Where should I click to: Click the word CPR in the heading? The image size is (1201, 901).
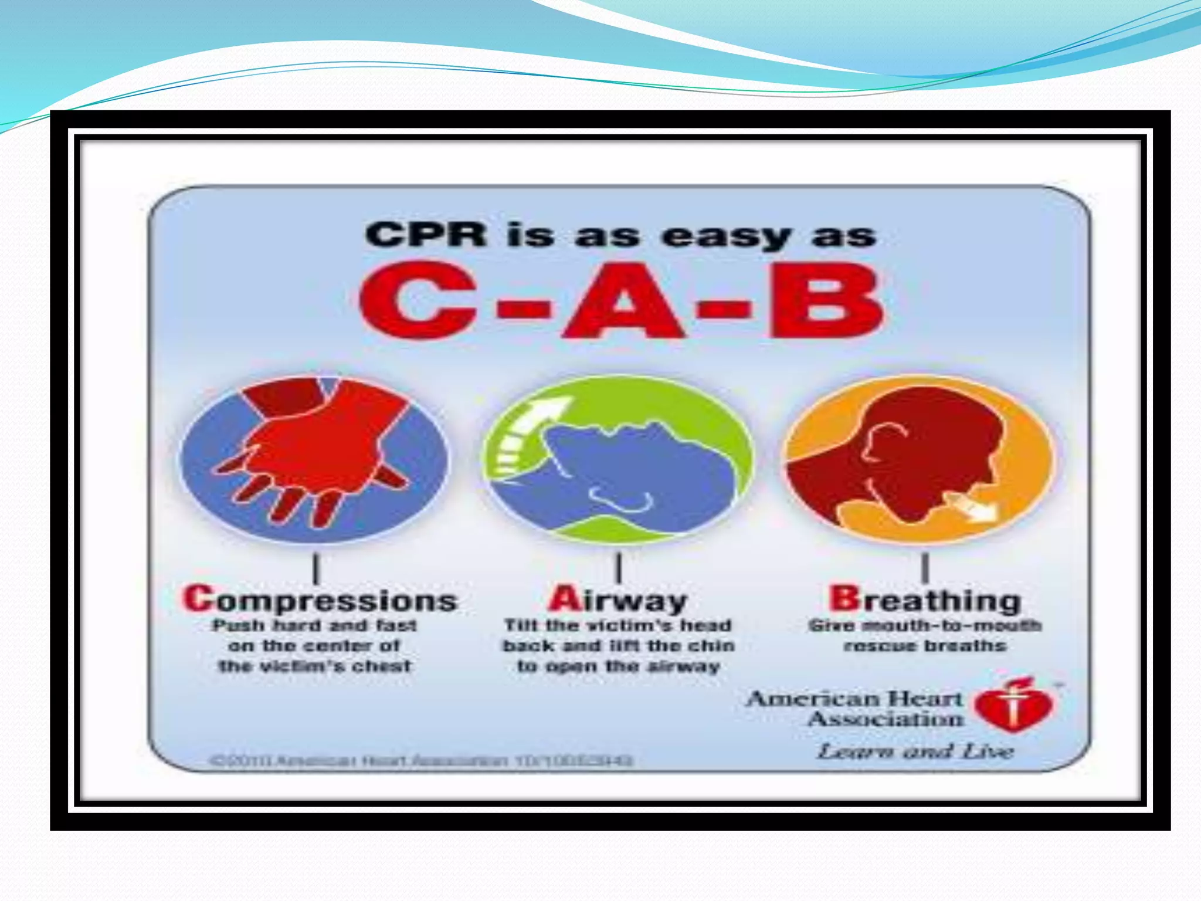click(x=426, y=235)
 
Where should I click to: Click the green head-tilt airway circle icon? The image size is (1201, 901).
click(x=618, y=459)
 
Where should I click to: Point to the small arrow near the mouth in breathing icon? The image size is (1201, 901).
click(x=973, y=506)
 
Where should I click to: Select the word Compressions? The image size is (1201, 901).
click(x=320, y=600)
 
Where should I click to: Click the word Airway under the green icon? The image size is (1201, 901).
click(x=618, y=600)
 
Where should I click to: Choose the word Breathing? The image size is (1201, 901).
click(x=925, y=600)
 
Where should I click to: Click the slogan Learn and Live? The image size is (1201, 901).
click(x=915, y=751)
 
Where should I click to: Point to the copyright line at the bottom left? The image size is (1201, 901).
click(x=421, y=761)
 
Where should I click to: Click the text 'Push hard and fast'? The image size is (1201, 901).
click(x=314, y=626)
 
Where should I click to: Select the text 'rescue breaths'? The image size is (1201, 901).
click(x=925, y=646)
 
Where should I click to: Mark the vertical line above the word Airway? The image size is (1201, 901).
click(x=619, y=567)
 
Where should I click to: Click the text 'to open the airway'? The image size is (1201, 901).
click(x=618, y=666)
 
